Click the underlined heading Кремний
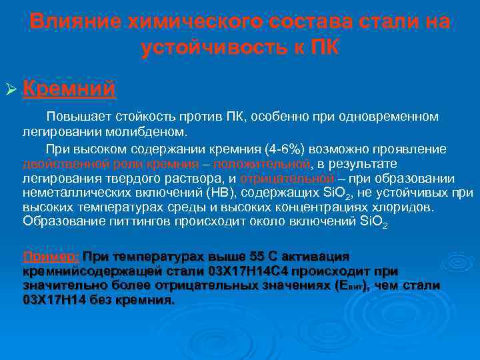70,88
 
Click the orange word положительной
265,164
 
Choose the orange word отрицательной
287,179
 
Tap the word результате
363,164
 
